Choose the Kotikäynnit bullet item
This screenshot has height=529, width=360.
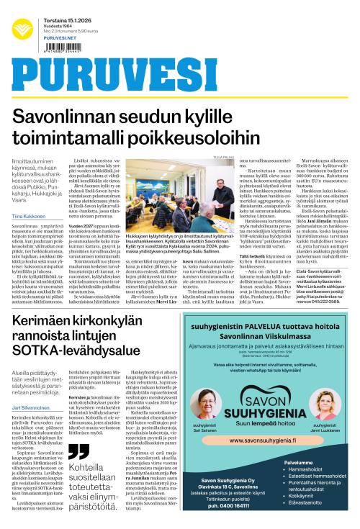(305, 516)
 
